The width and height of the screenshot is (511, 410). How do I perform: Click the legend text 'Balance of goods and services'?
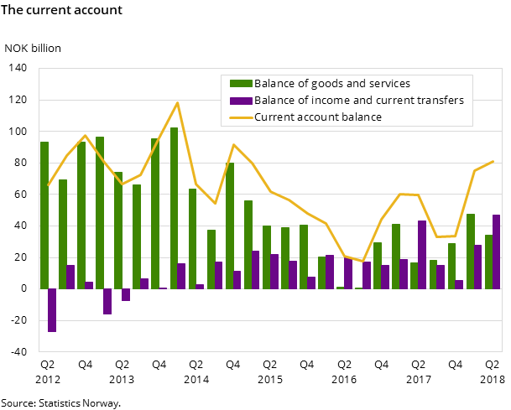click(x=331, y=84)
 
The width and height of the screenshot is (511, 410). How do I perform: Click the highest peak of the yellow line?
click(x=177, y=102)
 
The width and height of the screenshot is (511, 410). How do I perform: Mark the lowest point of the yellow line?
click(x=362, y=262)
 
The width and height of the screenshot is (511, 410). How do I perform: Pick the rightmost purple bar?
click(x=497, y=252)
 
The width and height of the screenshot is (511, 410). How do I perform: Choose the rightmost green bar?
click(x=488, y=262)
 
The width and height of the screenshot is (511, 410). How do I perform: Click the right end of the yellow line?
click(x=493, y=161)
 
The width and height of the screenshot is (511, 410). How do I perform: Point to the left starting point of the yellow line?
click(x=49, y=184)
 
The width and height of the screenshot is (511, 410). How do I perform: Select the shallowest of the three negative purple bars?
click(x=126, y=294)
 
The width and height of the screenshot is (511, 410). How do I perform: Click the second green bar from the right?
click(x=471, y=251)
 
